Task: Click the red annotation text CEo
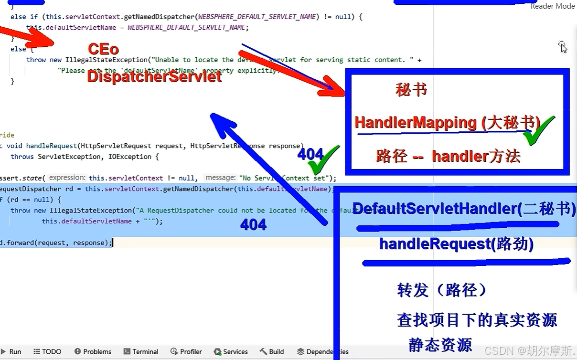click(x=103, y=49)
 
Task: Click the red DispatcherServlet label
click(x=154, y=76)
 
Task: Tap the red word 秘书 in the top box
click(x=411, y=90)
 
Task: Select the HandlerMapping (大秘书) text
click(x=447, y=123)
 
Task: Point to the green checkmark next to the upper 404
click(x=324, y=160)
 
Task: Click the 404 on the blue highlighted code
click(x=253, y=225)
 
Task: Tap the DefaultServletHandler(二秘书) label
click(x=464, y=209)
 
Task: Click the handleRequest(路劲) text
click(x=456, y=244)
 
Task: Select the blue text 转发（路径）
click(x=441, y=290)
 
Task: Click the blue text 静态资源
click(x=440, y=345)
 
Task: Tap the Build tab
click(x=272, y=352)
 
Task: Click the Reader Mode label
click(x=553, y=6)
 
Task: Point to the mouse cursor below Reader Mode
click(x=563, y=46)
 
